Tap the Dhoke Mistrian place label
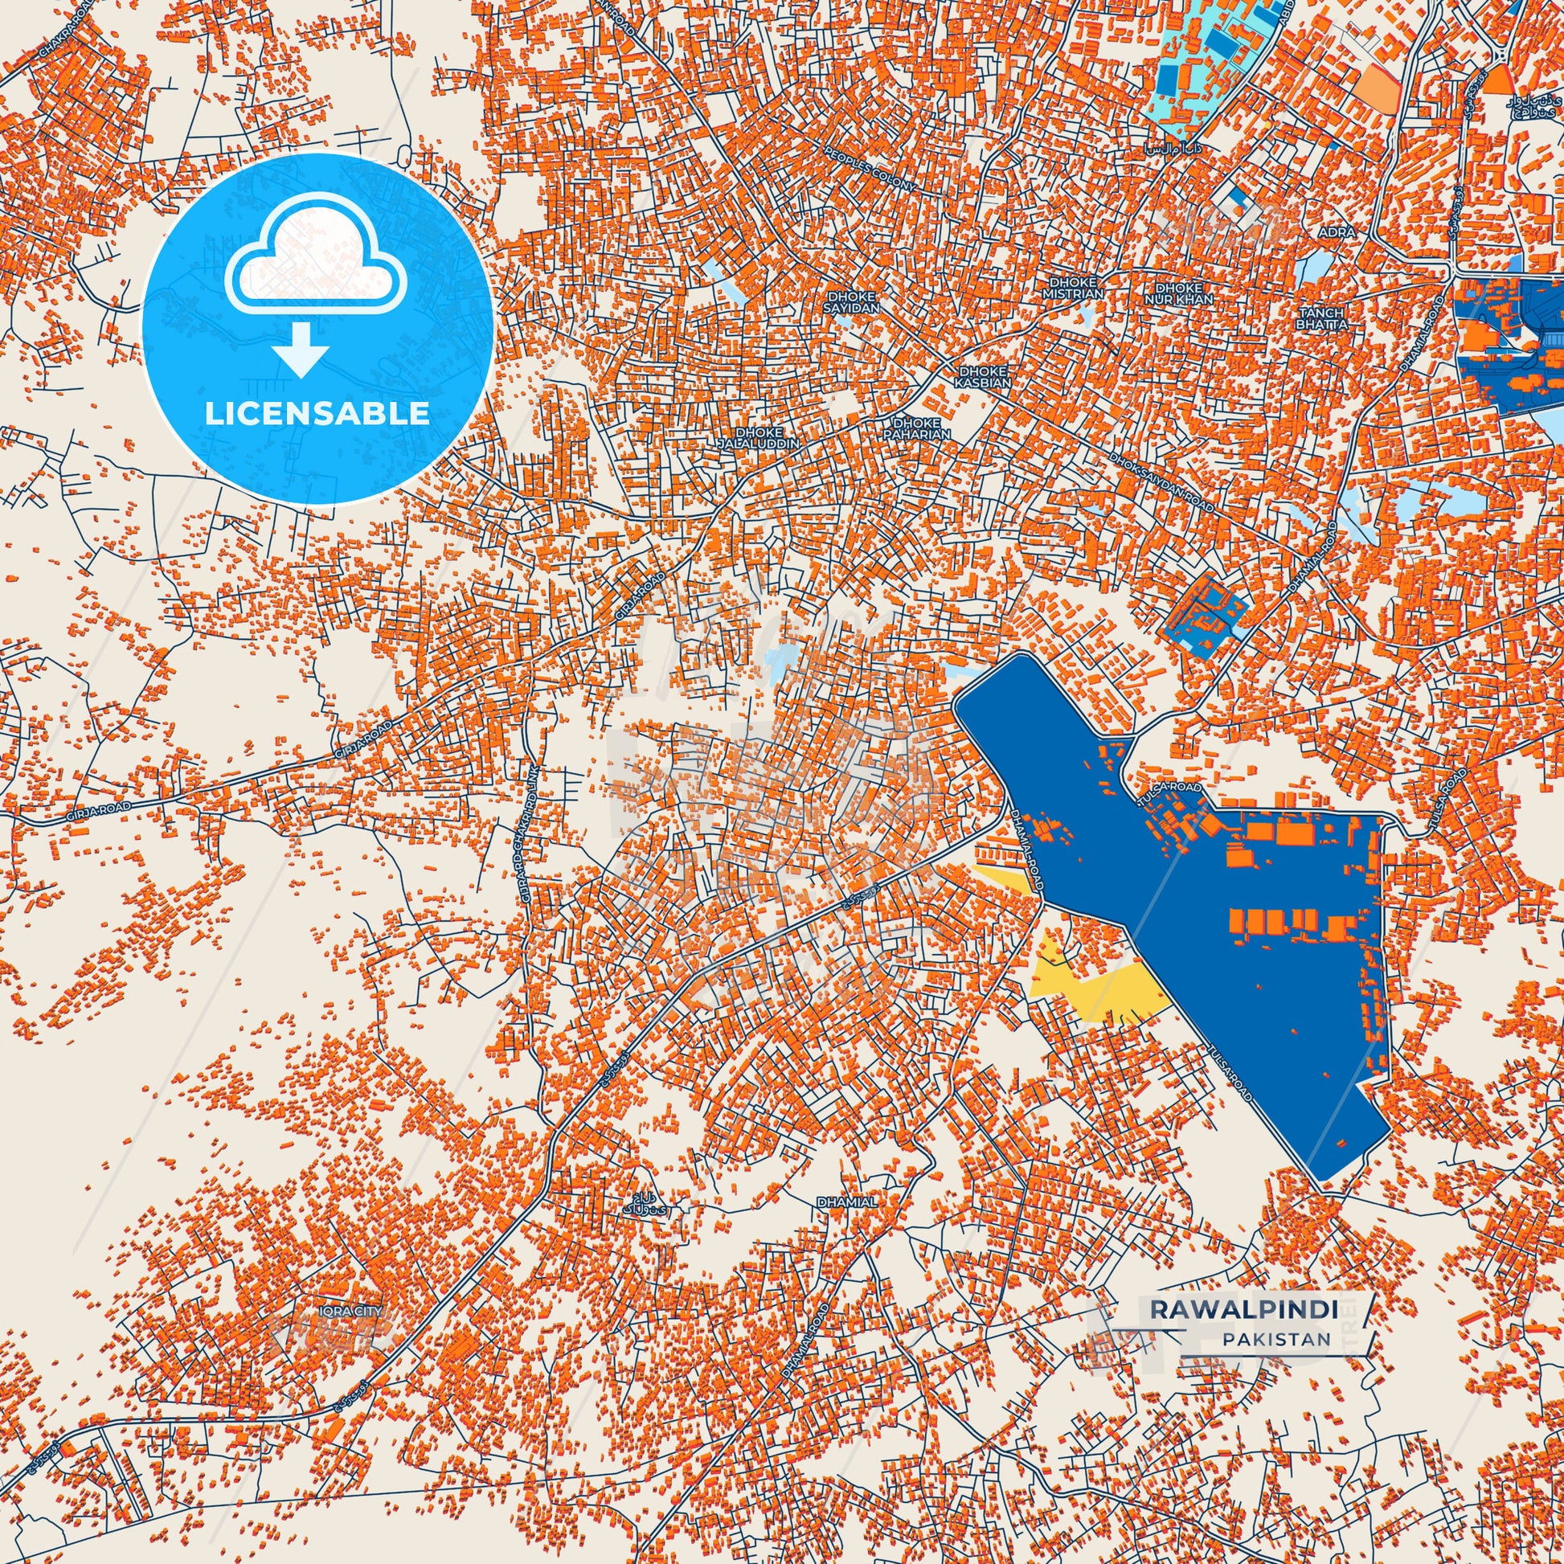(x=1074, y=288)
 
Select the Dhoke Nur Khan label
(x=1184, y=293)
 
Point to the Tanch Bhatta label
(x=1321, y=318)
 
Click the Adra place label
(x=1336, y=232)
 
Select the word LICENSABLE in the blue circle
(x=317, y=413)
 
